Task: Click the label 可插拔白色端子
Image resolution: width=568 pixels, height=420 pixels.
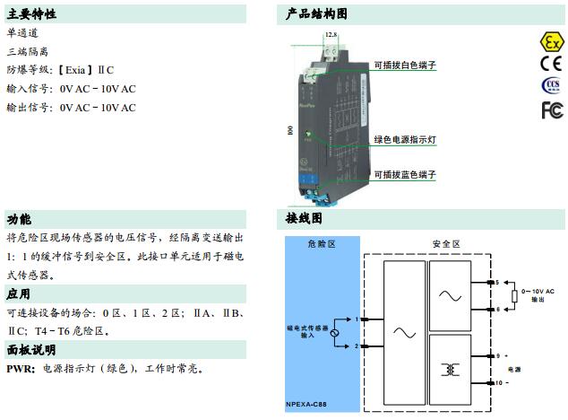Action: (405, 65)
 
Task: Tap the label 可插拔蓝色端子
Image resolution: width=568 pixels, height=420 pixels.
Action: (405, 174)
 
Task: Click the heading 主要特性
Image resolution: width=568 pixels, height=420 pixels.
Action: (31, 14)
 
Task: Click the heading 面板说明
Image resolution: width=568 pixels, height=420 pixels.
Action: (31, 349)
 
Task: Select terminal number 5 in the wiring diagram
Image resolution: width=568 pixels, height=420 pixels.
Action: (496, 283)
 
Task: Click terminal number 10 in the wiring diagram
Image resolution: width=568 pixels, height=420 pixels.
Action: (498, 382)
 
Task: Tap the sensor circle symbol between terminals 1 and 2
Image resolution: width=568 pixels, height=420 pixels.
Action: (334, 333)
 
